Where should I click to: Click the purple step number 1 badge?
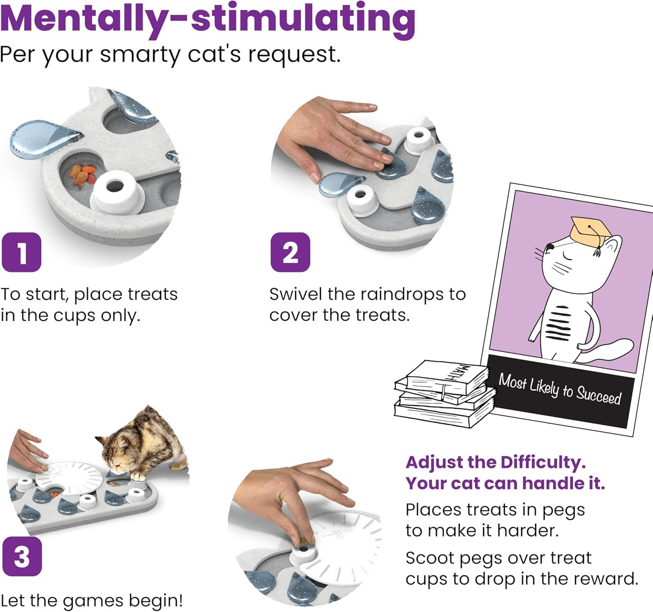pyautogui.click(x=22, y=252)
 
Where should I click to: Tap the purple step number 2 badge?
pyautogui.click(x=290, y=252)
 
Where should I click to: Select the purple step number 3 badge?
pyautogui.click(x=22, y=556)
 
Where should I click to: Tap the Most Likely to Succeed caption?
pyautogui.click(x=559, y=390)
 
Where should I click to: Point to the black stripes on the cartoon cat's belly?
pyautogui.click(x=559, y=323)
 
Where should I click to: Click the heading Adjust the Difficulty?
pyautogui.click(x=496, y=462)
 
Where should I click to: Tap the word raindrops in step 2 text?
pyautogui.click(x=390, y=294)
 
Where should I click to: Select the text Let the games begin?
pyautogui.click(x=92, y=601)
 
